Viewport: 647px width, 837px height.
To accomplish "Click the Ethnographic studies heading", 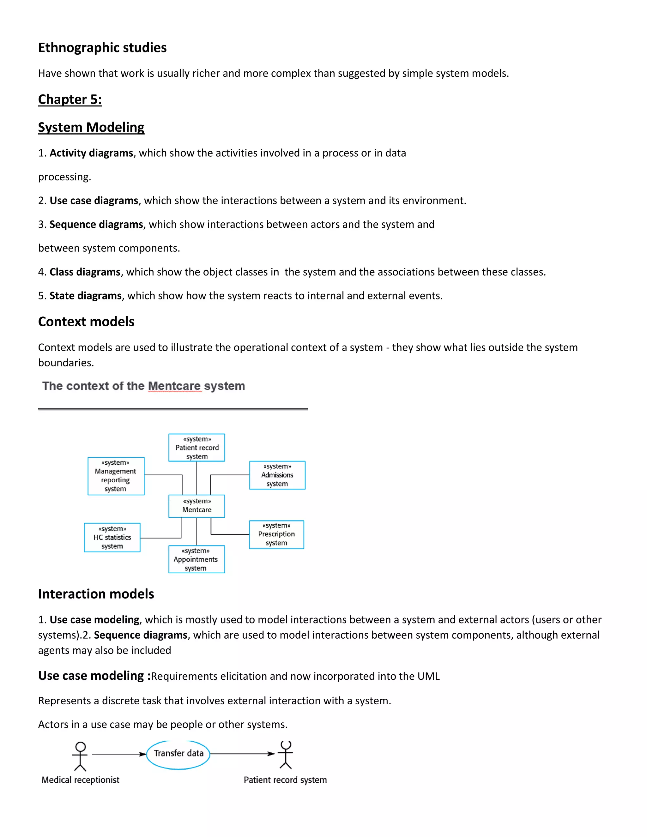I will [102, 47].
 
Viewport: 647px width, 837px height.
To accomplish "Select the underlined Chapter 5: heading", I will [70, 99].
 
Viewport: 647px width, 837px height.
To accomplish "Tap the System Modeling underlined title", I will [91, 127].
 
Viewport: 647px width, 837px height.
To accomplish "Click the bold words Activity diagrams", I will [91, 153].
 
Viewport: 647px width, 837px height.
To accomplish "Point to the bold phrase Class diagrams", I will [85, 272].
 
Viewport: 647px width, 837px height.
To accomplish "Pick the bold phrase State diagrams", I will [86, 296].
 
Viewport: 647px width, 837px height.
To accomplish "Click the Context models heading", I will [86, 322].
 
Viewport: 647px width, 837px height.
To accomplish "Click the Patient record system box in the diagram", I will [197, 448].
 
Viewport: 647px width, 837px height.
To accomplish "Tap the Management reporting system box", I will [116, 476].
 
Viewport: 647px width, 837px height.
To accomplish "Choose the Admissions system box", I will [277, 475].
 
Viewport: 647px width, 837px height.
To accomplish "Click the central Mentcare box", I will [197, 506].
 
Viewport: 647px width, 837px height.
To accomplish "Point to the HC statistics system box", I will [112, 537].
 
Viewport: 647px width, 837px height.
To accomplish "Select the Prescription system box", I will [276, 534].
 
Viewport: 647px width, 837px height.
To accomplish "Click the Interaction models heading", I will [96, 594].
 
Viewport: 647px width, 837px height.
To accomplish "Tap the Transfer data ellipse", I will [178, 753].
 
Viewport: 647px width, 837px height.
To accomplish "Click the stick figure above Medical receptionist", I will [80, 756].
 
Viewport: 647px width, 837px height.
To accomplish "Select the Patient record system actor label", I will [285, 780].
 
